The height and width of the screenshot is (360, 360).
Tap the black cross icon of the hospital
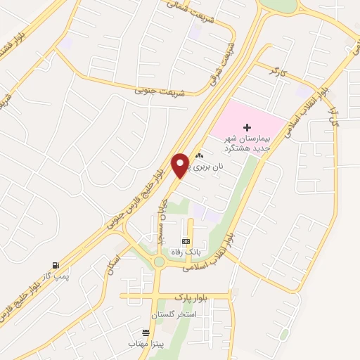(247, 127)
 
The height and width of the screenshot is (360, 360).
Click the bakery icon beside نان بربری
(200, 157)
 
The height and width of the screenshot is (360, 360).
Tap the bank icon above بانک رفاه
(186, 240)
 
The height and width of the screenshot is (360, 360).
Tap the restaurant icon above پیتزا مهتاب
(146, 333)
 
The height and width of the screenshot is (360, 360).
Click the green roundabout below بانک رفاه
(160, 262)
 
